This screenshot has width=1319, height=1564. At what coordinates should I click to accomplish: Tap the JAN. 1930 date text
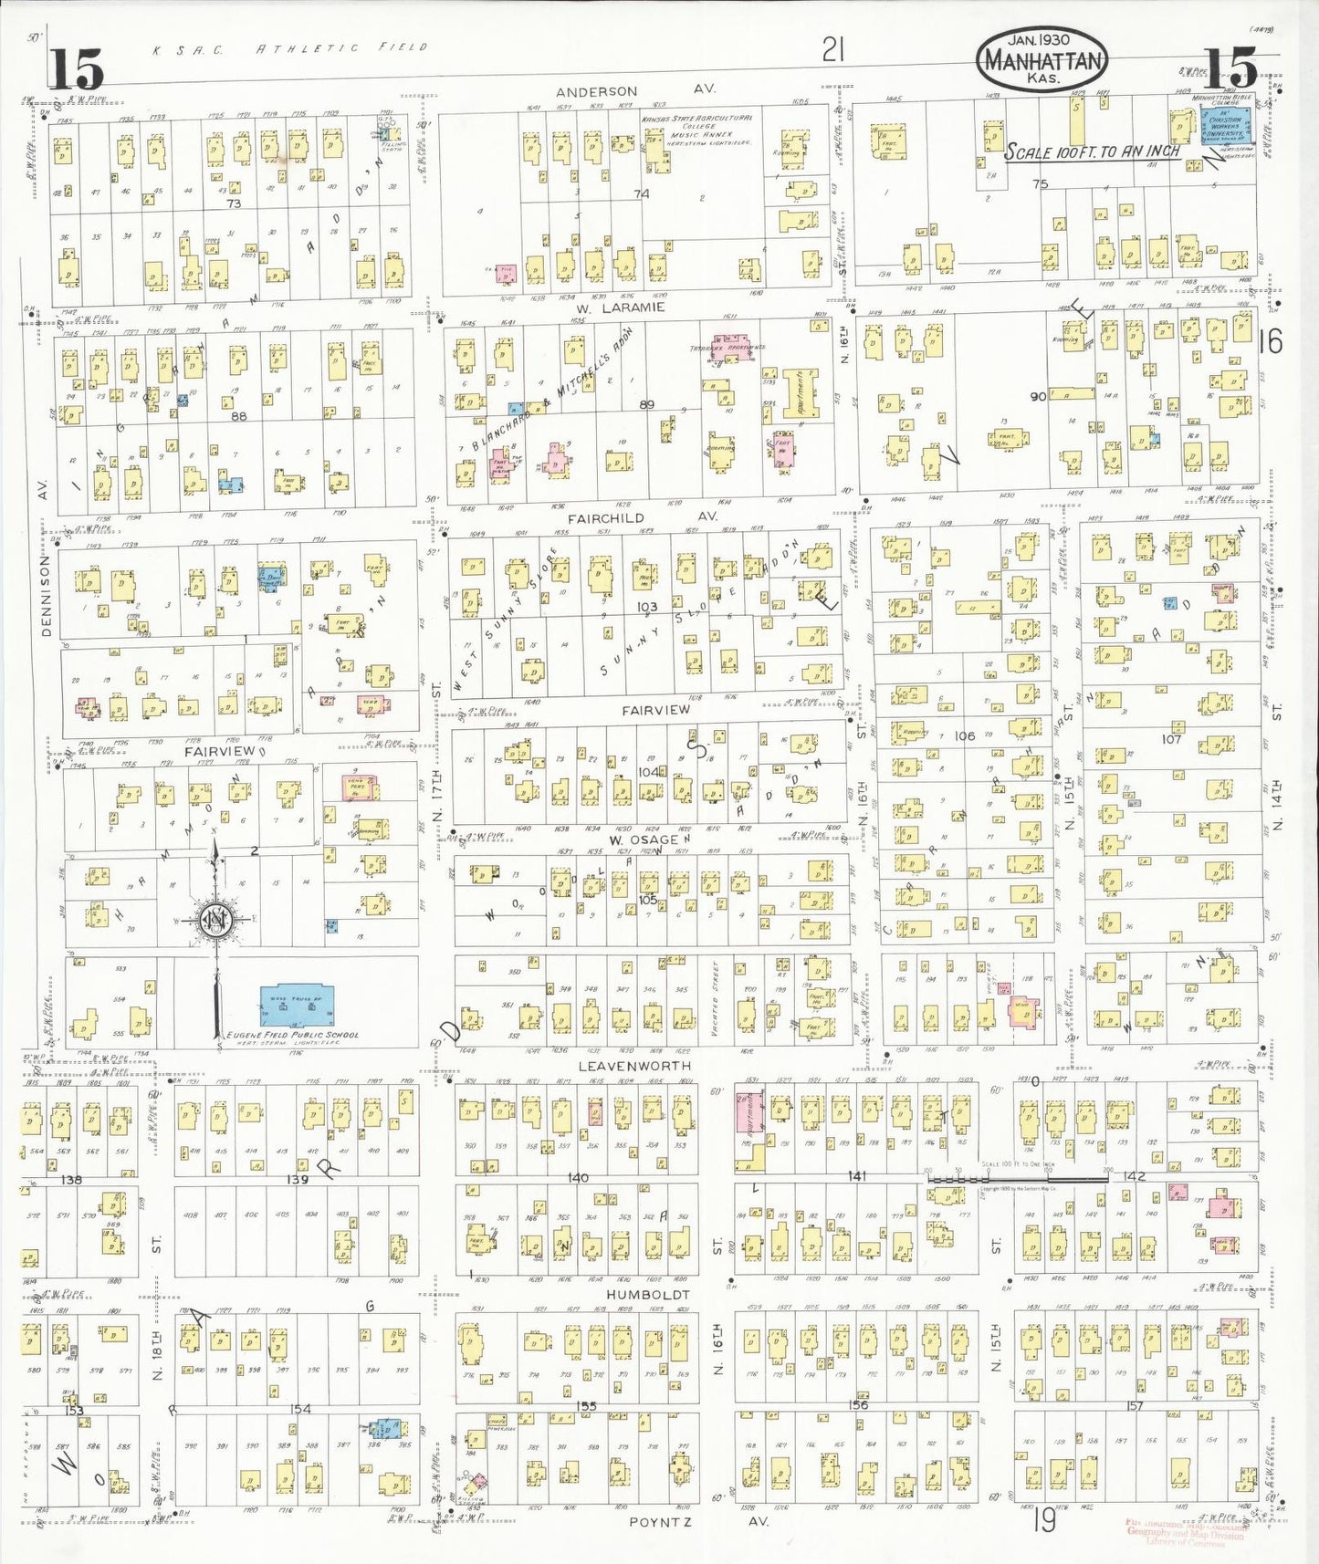[1039, 40]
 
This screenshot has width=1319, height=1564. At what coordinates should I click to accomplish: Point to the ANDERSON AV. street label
[635, 90]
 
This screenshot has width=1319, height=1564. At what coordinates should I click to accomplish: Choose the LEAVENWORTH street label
[634, 1065]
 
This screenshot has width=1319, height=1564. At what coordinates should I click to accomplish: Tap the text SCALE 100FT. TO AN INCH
[1092, 152]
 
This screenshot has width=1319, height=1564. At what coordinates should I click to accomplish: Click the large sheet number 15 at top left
[77, 68]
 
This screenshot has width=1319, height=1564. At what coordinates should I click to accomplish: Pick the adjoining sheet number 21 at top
[832, 49]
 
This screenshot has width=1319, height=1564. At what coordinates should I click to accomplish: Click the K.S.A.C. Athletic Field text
[289, 47]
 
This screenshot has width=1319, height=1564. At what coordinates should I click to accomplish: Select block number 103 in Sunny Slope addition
[646, 606]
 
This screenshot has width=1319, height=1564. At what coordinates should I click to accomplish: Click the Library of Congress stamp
[1184, 1533]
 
